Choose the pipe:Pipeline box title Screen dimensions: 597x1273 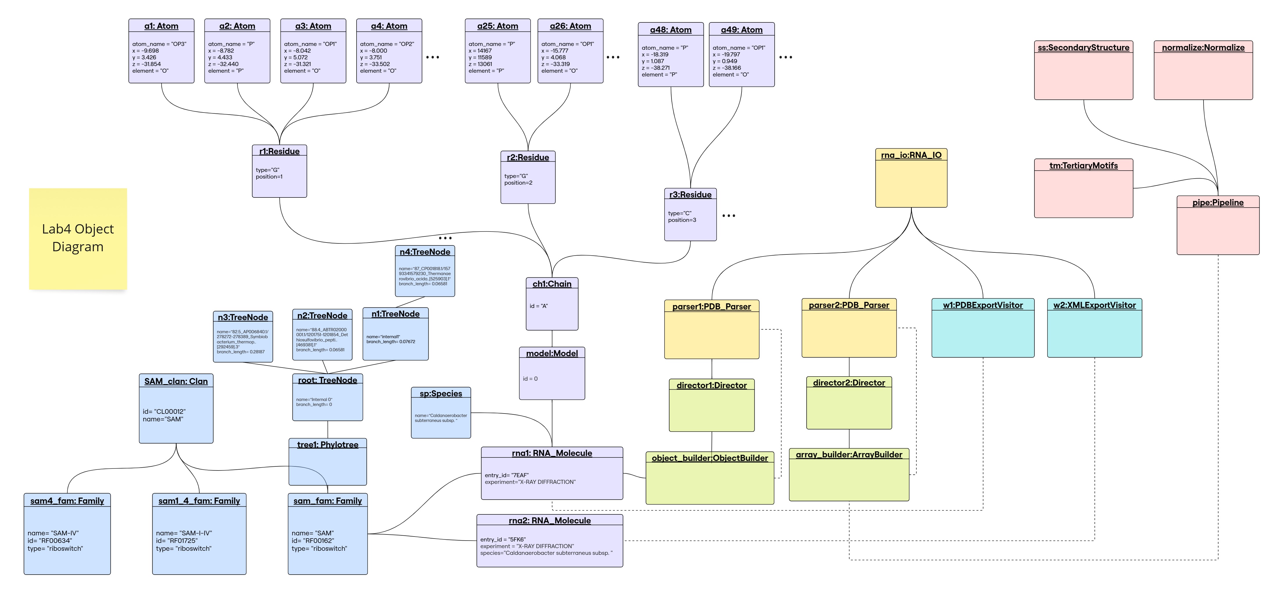point(1218,202)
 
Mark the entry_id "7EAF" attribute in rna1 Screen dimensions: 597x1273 point(506,475)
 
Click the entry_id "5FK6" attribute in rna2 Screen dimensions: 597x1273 point(503,540)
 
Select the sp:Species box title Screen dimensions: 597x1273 point(441,394)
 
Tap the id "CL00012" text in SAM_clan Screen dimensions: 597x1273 point(164,411)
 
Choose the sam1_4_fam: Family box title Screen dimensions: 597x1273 point(199,501)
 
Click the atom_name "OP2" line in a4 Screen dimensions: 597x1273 point(387,44)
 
